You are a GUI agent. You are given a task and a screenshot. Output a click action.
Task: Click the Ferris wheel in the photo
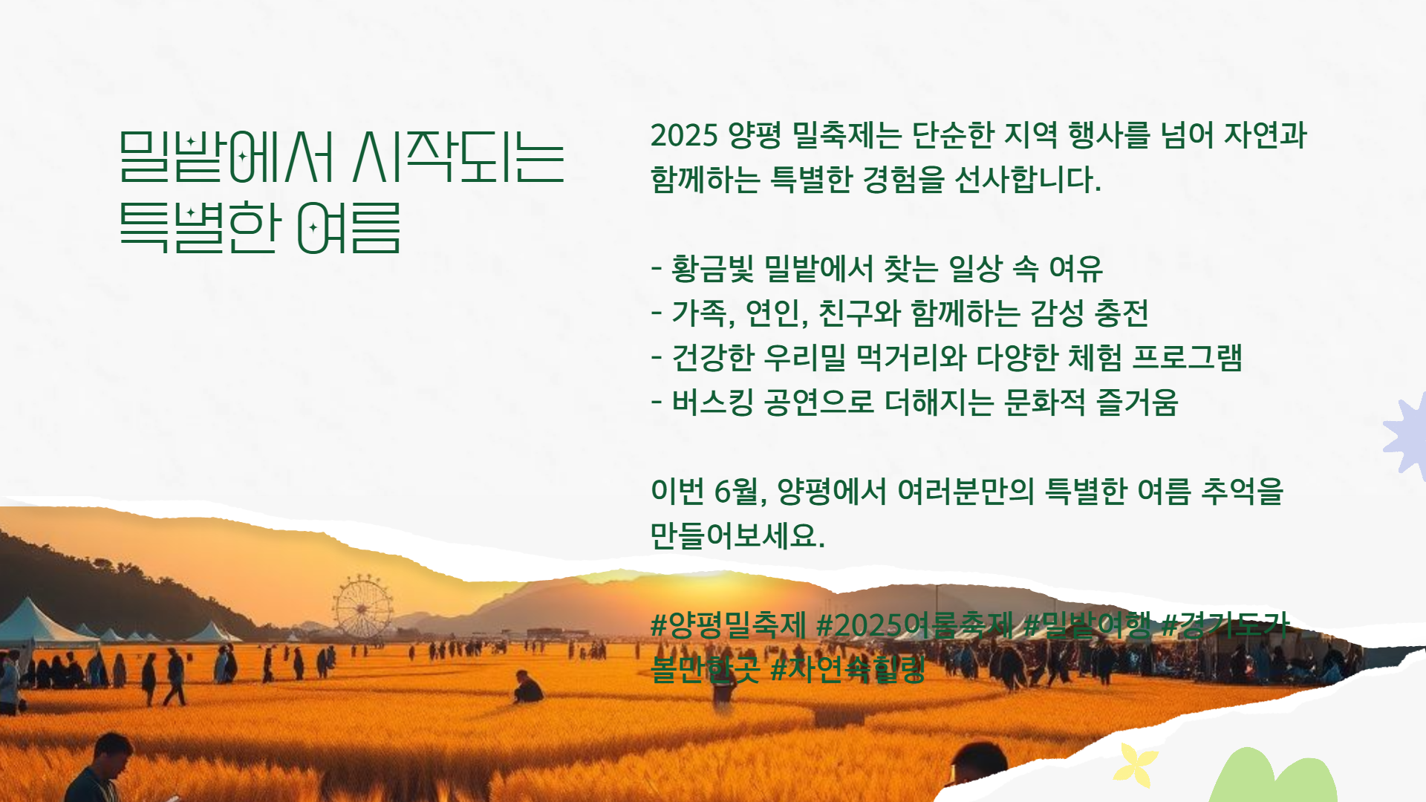coord(362,607)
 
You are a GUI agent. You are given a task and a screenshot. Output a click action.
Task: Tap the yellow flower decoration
coord(1135,765)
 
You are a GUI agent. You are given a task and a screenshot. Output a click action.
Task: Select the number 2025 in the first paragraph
coord(684,135)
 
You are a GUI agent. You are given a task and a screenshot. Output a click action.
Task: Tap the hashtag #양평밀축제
coord(728,625)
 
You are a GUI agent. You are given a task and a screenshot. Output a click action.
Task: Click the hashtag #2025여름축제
coord(914,625)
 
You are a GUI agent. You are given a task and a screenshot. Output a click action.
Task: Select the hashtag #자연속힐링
coord(847,669)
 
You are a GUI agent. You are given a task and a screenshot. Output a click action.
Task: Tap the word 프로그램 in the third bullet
coord(1187,358)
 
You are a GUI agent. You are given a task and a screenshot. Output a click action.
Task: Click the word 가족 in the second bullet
coord(699,313)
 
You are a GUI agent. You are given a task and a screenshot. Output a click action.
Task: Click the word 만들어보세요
coord(738,535)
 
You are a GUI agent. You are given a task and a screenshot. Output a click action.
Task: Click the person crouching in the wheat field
coord(527,688)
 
